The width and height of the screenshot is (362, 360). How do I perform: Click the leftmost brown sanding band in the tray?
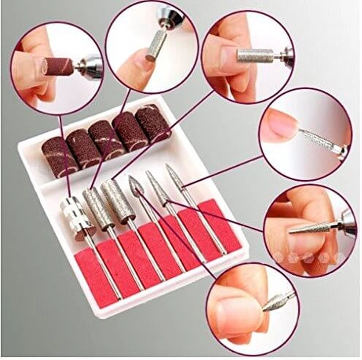(x=60, y=156)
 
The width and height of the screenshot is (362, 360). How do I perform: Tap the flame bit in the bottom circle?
(x=272, y=304)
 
